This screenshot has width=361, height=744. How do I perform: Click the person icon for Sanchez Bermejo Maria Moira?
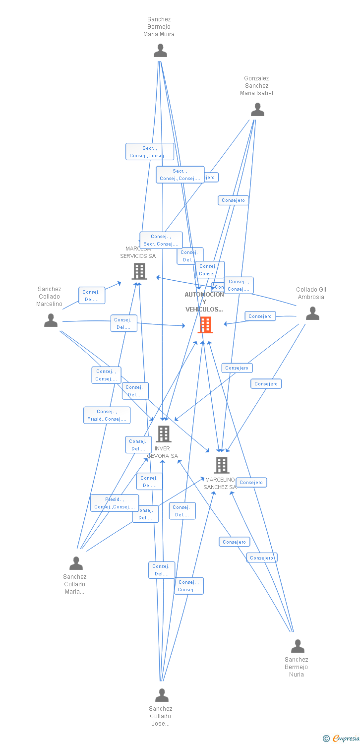[160, 51]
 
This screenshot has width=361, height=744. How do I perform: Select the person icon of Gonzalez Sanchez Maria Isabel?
[257, 110]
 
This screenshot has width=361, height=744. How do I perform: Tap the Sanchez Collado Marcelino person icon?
[51, 320]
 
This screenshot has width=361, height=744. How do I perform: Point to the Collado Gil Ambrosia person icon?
[312, 313]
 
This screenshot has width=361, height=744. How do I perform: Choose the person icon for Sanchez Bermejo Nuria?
[298, 646]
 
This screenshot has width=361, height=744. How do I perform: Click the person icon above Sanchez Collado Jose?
[162, 695]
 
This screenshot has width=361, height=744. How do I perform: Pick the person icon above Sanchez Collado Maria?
[76, 563]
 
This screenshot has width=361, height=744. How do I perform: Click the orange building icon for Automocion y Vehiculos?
[205, 325]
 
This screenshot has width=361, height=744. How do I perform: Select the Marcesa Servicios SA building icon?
[139, 271]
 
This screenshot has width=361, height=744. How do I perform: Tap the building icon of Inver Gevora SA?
[163, 434]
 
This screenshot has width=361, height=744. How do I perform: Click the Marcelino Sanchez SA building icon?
[221, 465]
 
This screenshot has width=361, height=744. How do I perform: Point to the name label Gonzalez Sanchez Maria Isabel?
[256, 86]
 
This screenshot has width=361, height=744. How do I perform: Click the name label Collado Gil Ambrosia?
[311, 293]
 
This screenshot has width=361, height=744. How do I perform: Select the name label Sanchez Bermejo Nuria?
[297, 667]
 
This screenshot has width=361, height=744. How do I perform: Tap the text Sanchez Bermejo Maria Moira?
[159, 27]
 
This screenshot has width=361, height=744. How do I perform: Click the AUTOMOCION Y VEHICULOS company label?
[204, 302]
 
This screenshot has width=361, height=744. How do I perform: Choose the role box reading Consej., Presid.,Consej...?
[107, 415]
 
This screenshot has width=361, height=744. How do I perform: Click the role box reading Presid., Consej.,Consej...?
[115, 503]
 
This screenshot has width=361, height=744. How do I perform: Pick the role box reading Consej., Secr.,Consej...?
[161, 240]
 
